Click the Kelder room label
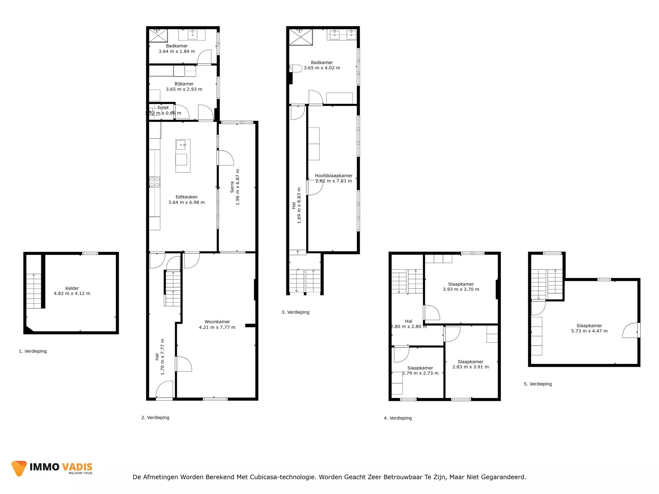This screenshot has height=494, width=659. [72, 288]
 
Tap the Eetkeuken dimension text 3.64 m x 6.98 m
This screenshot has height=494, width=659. [186, 202]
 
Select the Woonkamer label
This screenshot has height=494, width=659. [217, 322]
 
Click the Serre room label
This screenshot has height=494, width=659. [232, 187]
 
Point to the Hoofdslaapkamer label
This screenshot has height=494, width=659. [334, 176]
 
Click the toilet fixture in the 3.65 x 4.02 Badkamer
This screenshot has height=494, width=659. [296, 68]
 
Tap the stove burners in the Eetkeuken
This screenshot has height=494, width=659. [154, 182]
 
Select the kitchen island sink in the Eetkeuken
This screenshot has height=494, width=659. [182, 145]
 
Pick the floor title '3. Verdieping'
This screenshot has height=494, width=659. [296, 312]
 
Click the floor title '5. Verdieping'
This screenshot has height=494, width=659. [538, 384]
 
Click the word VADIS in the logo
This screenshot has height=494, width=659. [77, 467]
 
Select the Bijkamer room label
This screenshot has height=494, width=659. [184, 84]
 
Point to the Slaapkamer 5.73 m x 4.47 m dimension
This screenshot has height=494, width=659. [589, 331]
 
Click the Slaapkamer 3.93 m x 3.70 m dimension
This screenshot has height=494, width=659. [461, 289]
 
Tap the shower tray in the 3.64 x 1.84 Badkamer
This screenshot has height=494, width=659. [158, 36]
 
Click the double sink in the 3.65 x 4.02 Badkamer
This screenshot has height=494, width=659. [342, 35]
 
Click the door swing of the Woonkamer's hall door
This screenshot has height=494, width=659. [184, 364]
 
